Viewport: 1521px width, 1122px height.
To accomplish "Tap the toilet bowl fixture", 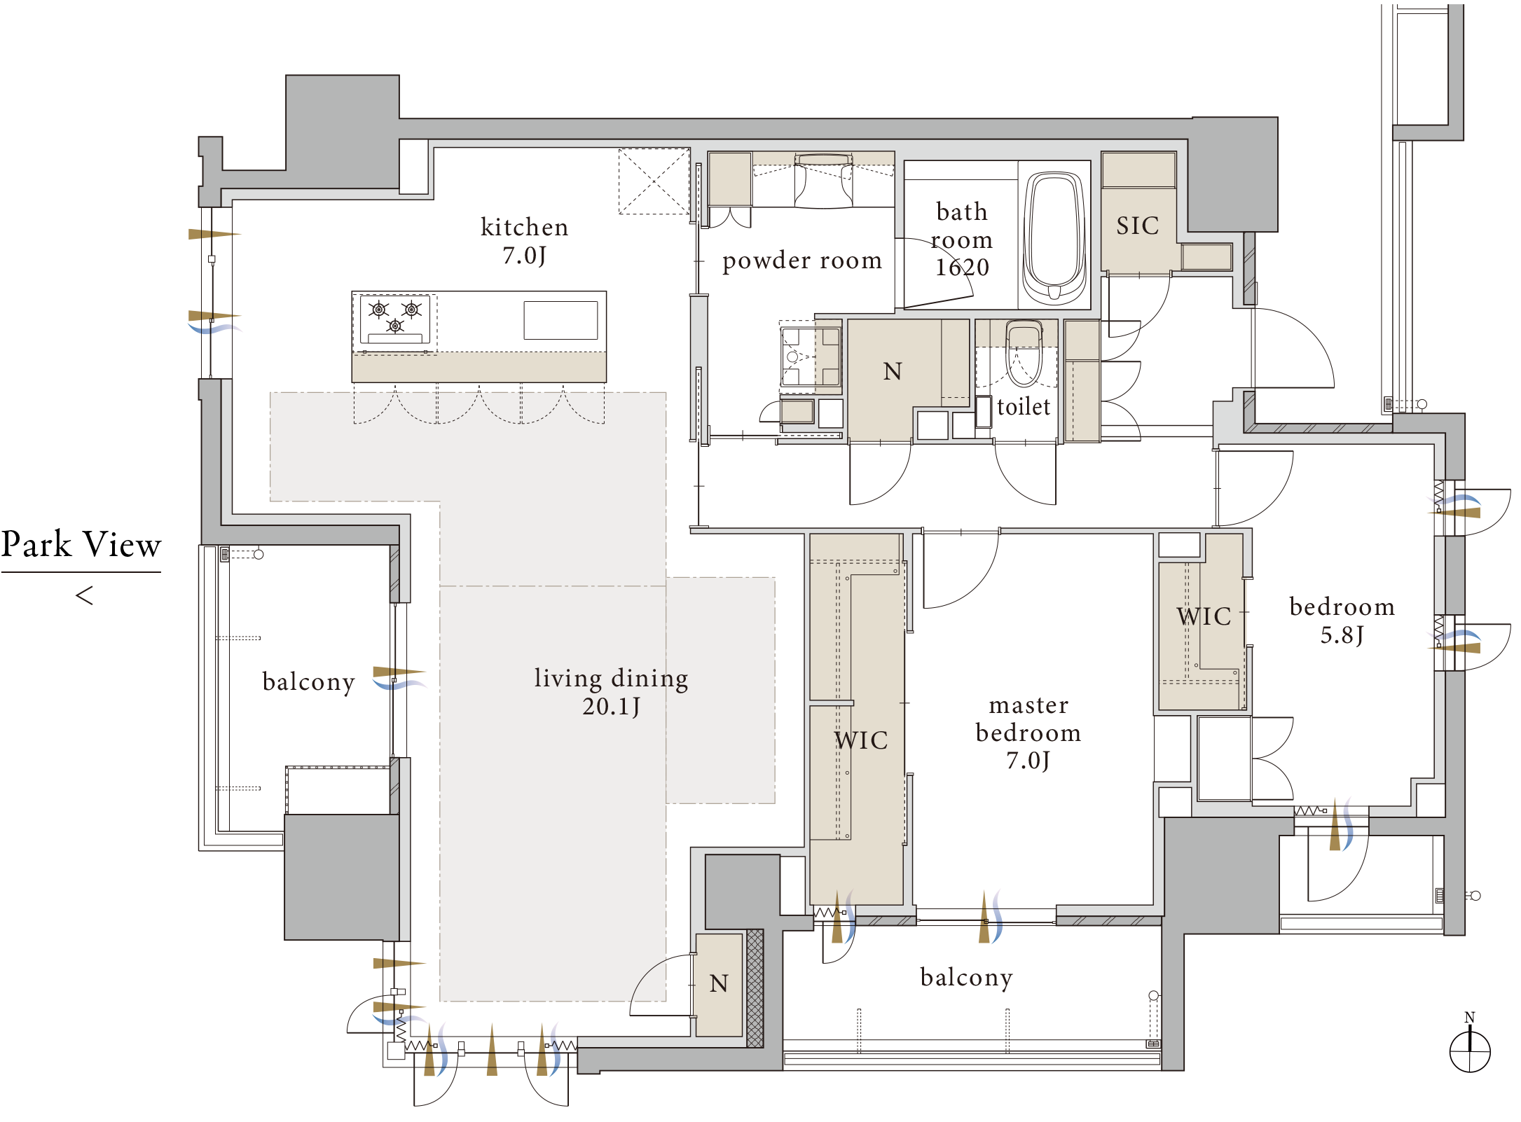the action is (1024, 354).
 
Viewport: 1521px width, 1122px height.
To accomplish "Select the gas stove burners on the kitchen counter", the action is (395, 319).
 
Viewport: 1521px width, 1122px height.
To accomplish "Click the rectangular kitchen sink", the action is (560, 320).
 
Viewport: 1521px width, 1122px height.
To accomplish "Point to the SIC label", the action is (1138, 226).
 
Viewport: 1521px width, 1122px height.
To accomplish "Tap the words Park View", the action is (81, 544).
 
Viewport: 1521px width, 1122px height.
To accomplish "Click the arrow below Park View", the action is (84, 596).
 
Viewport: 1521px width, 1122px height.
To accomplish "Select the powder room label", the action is (802, 261).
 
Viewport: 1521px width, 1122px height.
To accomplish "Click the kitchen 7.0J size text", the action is (524, 255).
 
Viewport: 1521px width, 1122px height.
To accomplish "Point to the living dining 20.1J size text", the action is (611, 706).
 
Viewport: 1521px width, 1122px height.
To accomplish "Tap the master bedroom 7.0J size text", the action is (1028, 760).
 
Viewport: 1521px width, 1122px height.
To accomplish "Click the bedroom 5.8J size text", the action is (1342, 635).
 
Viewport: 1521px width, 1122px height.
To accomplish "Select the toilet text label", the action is (1024, 406).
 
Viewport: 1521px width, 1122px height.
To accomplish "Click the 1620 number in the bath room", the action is (963, 267).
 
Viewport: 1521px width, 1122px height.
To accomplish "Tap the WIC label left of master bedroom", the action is (861, 740).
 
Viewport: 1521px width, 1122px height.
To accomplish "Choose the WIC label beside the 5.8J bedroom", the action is (1204, 616).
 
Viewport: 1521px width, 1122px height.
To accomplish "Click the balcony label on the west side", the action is (309, 681).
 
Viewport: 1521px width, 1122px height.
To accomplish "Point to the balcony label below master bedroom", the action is (967, 977).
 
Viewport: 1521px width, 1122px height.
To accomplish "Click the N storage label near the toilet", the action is (893, 371).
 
